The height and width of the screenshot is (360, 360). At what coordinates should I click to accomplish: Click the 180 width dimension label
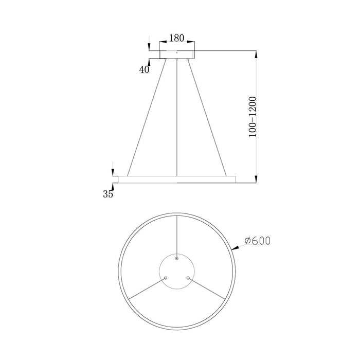[176, 38]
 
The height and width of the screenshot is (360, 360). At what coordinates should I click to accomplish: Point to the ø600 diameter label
[258, 240]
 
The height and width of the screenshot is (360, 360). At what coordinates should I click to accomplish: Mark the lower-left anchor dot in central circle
[165, 278]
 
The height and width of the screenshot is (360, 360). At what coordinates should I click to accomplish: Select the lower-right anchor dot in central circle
[188, 278]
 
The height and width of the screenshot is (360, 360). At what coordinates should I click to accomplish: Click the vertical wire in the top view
[176, 237]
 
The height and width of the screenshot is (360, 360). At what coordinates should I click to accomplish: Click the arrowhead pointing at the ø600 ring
[235, 249]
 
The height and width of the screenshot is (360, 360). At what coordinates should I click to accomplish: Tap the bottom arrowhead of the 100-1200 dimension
[256, 179]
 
